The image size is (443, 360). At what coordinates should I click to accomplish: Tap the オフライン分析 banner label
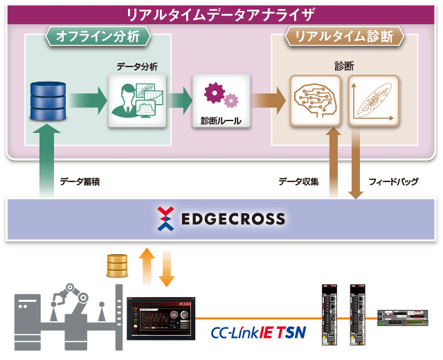click(x=98, y=37)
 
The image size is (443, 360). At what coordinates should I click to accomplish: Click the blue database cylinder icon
click(x=48, y=101)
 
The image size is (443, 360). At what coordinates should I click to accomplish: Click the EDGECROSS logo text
click(x=233, y=219)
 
